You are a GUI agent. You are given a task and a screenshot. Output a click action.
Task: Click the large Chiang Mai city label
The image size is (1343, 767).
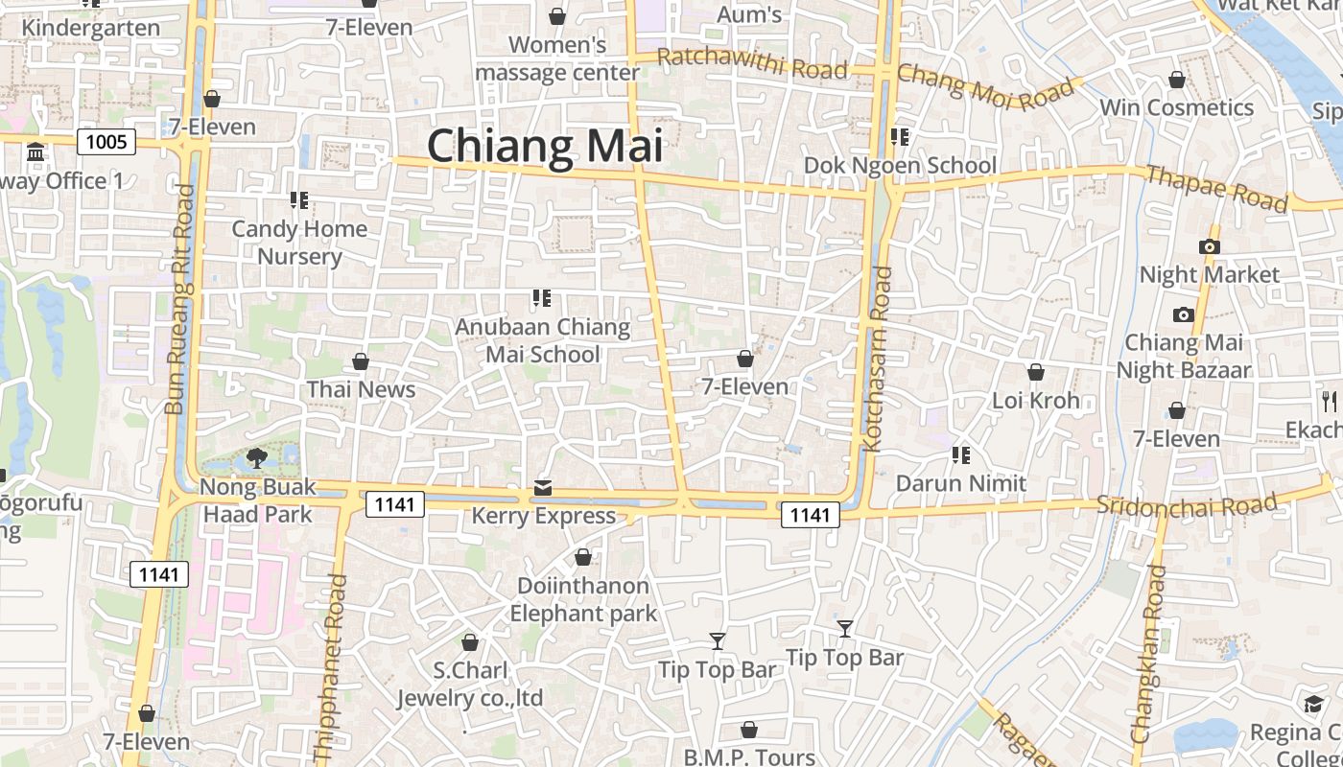click(x=545, y=147)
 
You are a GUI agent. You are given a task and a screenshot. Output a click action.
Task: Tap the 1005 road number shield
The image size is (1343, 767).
click(x=106, y=143)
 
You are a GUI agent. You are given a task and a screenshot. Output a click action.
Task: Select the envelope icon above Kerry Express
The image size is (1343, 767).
click(x=543, y=488)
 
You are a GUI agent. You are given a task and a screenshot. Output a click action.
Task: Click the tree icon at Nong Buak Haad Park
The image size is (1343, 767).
click(x=256, y=457)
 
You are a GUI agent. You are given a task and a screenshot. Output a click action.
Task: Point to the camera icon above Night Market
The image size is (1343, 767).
click(x=1209, y=246)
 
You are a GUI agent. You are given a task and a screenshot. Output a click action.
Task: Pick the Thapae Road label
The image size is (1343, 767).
click(x=1216, y=188)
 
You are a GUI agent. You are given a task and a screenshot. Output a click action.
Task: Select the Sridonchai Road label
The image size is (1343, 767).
click(x=1187, y=505)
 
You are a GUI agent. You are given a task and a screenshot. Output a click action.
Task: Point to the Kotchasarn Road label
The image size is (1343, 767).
click(x=878, y=359)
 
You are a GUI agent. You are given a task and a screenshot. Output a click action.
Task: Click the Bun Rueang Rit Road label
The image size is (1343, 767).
click(x=179, y=299)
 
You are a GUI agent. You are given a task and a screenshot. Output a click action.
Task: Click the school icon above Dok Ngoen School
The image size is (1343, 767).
click(x=899, y=137)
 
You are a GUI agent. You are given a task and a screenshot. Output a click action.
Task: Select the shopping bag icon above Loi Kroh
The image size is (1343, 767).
click(x=1036, y=372)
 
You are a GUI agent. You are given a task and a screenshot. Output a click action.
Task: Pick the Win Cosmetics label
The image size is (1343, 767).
click(x=1176, y=107)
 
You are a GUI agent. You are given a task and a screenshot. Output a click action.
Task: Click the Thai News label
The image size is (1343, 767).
click(x=361, y=389)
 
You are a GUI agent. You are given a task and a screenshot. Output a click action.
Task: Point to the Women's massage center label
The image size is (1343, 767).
click(x=557, y=58)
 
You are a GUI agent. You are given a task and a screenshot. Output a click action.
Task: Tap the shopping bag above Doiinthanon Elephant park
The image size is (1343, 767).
click(x=582, y=557)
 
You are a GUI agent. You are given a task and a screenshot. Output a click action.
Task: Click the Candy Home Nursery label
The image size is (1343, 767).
click(x=299, y=243)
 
